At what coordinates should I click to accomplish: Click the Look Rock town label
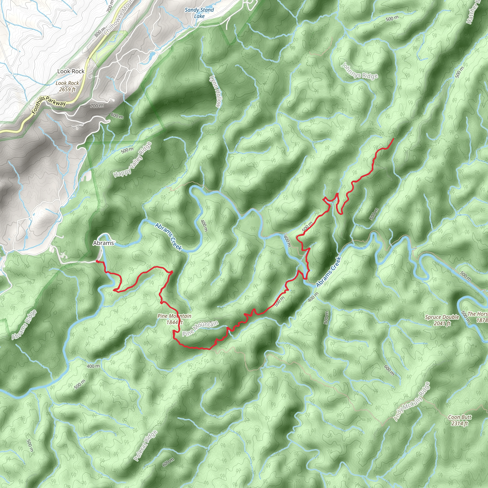point(71,71)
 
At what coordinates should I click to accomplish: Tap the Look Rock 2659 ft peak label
point(67,86)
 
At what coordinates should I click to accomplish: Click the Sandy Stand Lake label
point(199,13)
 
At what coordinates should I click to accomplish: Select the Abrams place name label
point(103,243)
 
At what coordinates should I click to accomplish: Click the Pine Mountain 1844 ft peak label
point(174,319)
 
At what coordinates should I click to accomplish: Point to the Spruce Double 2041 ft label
point(442,320)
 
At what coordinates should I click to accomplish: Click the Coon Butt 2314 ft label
point(460,420)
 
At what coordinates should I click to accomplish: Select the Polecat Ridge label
point(146,446)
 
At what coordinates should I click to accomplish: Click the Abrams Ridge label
point(24,325)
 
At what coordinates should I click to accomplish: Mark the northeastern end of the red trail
point(394,139)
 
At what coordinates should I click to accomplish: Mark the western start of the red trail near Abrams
point(97,261)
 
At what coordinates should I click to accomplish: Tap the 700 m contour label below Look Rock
point(97,106)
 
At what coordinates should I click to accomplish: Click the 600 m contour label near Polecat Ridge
point(168,462)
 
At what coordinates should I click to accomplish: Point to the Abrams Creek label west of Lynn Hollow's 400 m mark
point(168,237)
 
